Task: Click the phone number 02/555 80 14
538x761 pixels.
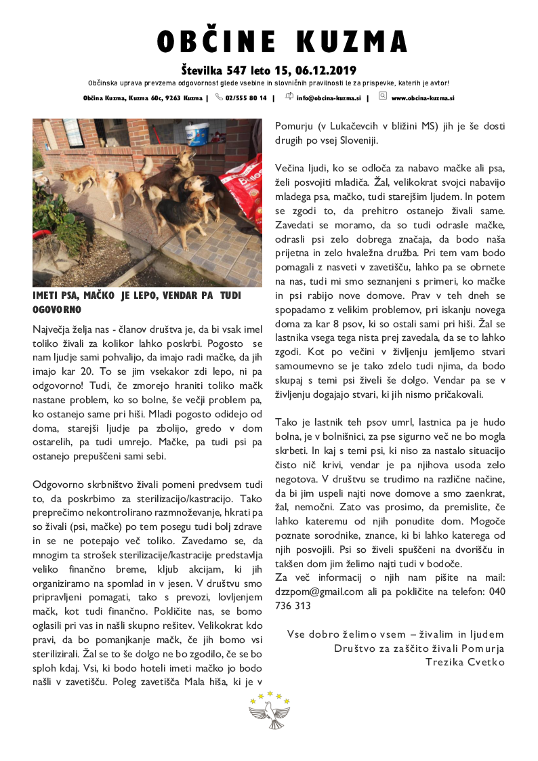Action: [246, 98]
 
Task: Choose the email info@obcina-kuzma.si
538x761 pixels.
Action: [329, 98]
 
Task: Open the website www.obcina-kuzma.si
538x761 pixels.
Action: [422, 98]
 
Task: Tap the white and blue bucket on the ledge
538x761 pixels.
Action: [197, 133]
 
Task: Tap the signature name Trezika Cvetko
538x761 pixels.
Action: [465, 661]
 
